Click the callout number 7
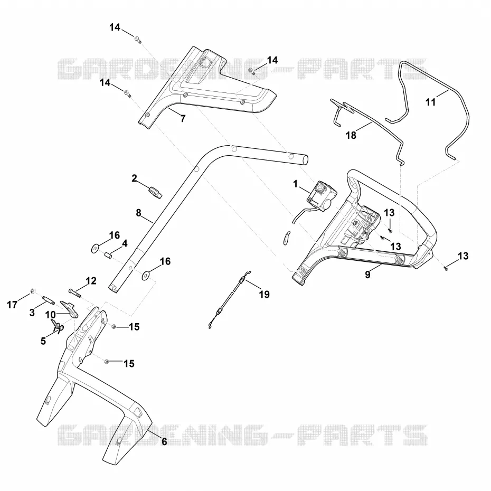click(183, 119)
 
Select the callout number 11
click(431, 102)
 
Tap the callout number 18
click(351, 135)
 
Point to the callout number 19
click(265, 295)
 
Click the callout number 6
click(164, 441)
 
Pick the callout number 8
click(139, 213)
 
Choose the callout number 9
click(367, 275)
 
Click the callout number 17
click(12, 305)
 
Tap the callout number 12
click(91, 281)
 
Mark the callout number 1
click(295, 184)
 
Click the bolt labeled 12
click(74, 293)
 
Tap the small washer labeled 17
click(33, 291)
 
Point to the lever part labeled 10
click(69, 308)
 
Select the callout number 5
click(43, 341)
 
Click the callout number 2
click(134, 178)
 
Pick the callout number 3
click(32, 313)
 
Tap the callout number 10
click(50, 315)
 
